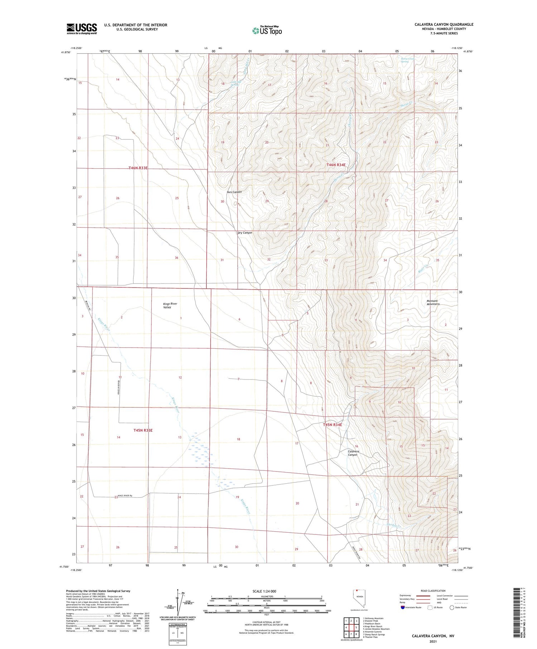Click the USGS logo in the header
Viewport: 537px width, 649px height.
point(82,29)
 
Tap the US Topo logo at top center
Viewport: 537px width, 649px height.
point(267,30)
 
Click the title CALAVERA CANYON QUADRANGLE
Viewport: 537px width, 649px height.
point(444,24)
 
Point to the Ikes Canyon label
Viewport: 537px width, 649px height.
point(234,192)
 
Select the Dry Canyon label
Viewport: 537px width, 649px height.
point(245,233)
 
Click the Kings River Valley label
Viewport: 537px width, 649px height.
point(170,305)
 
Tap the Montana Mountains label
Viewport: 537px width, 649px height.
point(433,302)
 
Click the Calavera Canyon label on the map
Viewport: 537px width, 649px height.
point(353,453)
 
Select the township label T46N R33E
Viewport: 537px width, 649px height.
point(138,168)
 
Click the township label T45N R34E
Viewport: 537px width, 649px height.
point(333,425)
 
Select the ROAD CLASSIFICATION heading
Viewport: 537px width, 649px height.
point(433,591)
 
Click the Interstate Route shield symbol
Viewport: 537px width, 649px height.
point(403,607)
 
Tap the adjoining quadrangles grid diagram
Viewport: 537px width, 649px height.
point(351,627)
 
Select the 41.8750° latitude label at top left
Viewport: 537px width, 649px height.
point(66,52)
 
